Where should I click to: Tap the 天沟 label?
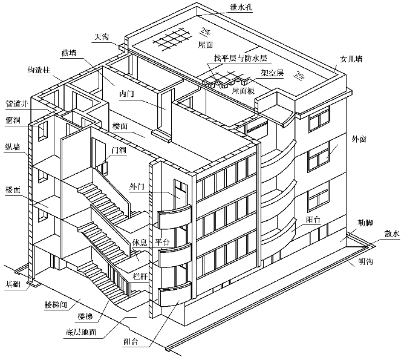[x=101, y=37]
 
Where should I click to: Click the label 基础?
[x=13, y=283]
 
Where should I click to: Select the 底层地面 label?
[x=82, y=333]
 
